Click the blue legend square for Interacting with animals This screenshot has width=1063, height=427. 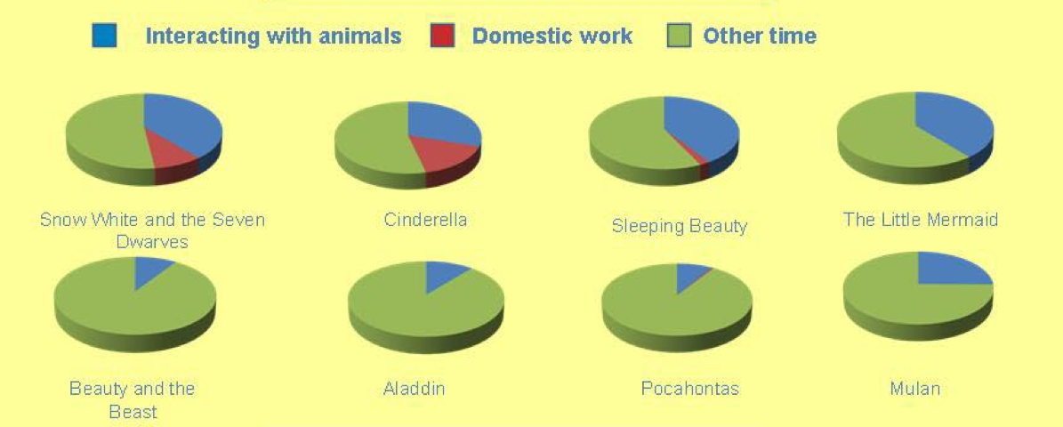point(104,36)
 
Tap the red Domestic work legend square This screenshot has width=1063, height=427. point(442,36)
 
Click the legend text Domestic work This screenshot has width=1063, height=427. point(552,36)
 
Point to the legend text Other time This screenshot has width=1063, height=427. point(760,36)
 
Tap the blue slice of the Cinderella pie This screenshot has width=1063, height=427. point(443,122)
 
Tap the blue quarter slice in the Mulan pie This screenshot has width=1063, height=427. point(952,270)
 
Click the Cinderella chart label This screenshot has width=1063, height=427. point(425,220)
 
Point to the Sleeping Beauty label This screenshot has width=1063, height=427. point(680,226)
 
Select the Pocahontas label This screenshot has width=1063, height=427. point(689,389)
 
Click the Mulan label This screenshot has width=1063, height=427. point(915,389)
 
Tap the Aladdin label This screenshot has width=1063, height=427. point(414,389)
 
